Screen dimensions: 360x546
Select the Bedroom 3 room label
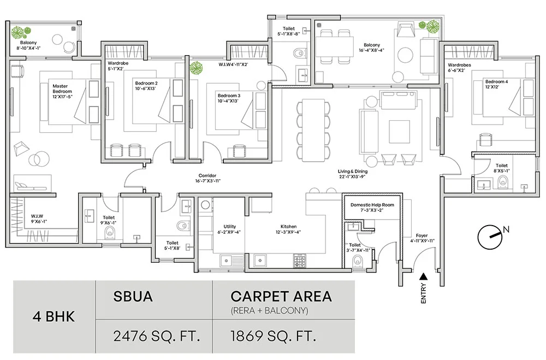point(228,95)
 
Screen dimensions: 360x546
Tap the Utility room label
point(229,226)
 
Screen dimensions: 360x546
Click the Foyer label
point(421,235)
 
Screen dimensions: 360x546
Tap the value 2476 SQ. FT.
point(154,334)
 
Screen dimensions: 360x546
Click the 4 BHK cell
point(54,316)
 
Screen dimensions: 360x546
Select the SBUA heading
point(133,297)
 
